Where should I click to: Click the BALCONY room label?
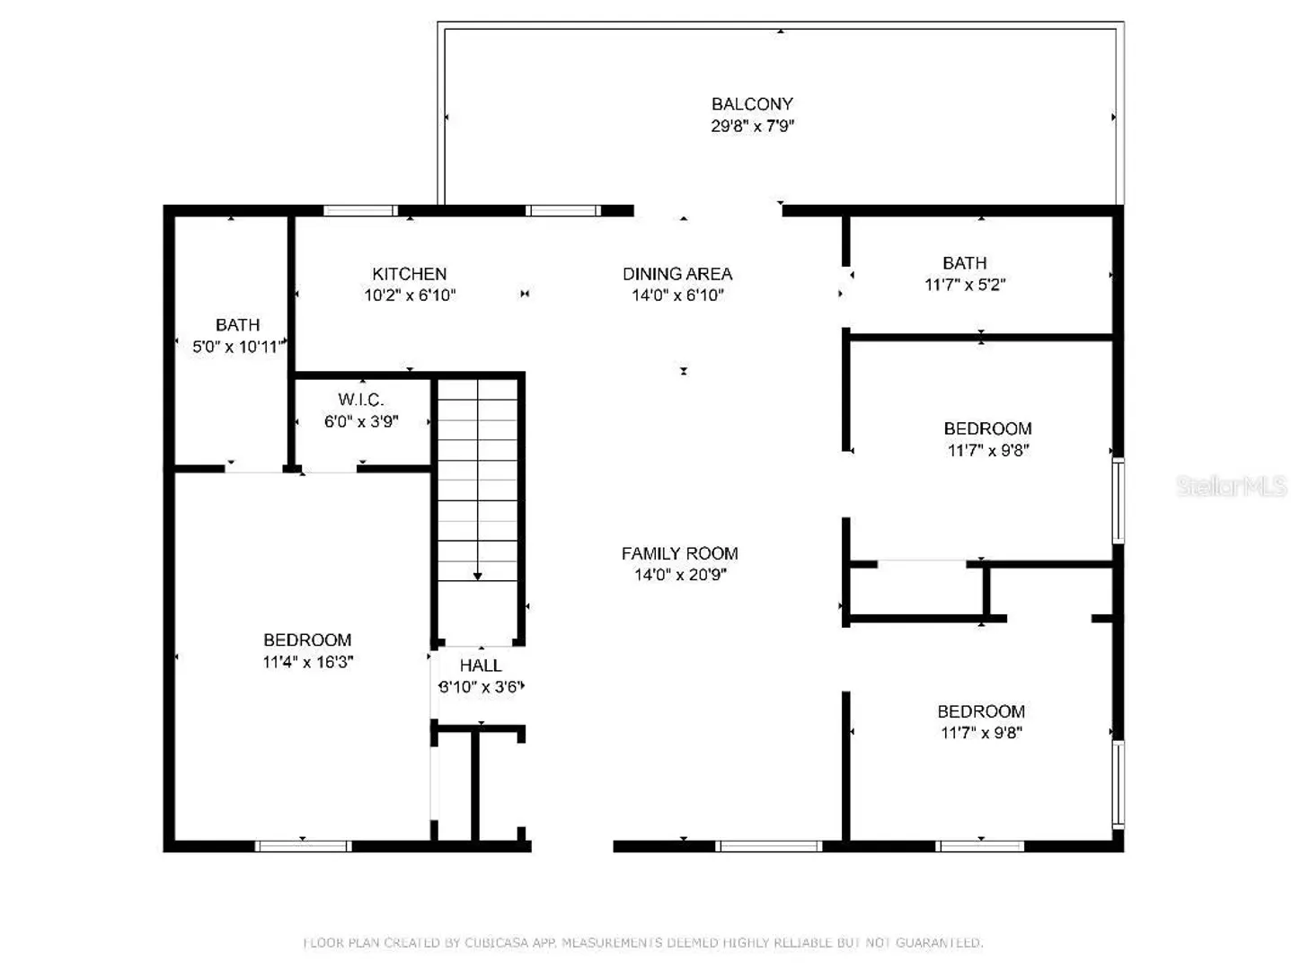(x=752, y=104)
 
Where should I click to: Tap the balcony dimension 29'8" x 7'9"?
(x=752, y=126)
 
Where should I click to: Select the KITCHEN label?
(x=410, y=274)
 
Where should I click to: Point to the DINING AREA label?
(x=677, y=274)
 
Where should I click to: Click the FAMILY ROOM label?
(x=680, y=553)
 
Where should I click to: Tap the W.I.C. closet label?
(x=361, y=401)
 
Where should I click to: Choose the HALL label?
(x=481, y=666)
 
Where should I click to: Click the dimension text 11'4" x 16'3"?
(x=307, y=662)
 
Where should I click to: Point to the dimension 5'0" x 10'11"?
(x=238, y=347)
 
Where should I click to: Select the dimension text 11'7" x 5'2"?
(x=965, y=285)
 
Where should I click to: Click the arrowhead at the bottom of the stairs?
(x=478, y=576)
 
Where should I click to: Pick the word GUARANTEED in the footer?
(x=939, y=943)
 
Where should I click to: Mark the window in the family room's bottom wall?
(x=769, y=846)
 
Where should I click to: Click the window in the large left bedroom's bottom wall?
(x=304, y=846)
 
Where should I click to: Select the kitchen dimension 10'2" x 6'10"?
(x=410, y=295)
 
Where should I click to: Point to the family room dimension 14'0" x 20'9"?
(x=680, y=574)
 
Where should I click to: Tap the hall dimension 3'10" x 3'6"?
(x=482, y=687)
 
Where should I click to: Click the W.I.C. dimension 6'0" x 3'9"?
(x=361, y=421)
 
